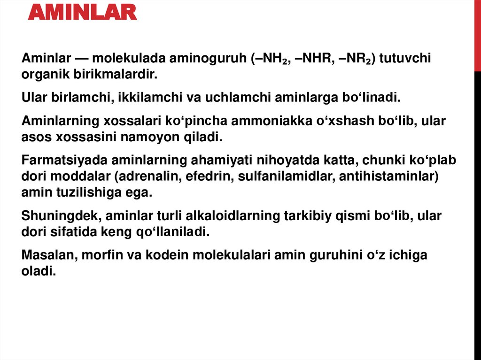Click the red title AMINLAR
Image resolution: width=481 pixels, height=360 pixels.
82,12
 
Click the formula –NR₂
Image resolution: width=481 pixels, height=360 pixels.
352,60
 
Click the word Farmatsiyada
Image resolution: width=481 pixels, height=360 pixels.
62,160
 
